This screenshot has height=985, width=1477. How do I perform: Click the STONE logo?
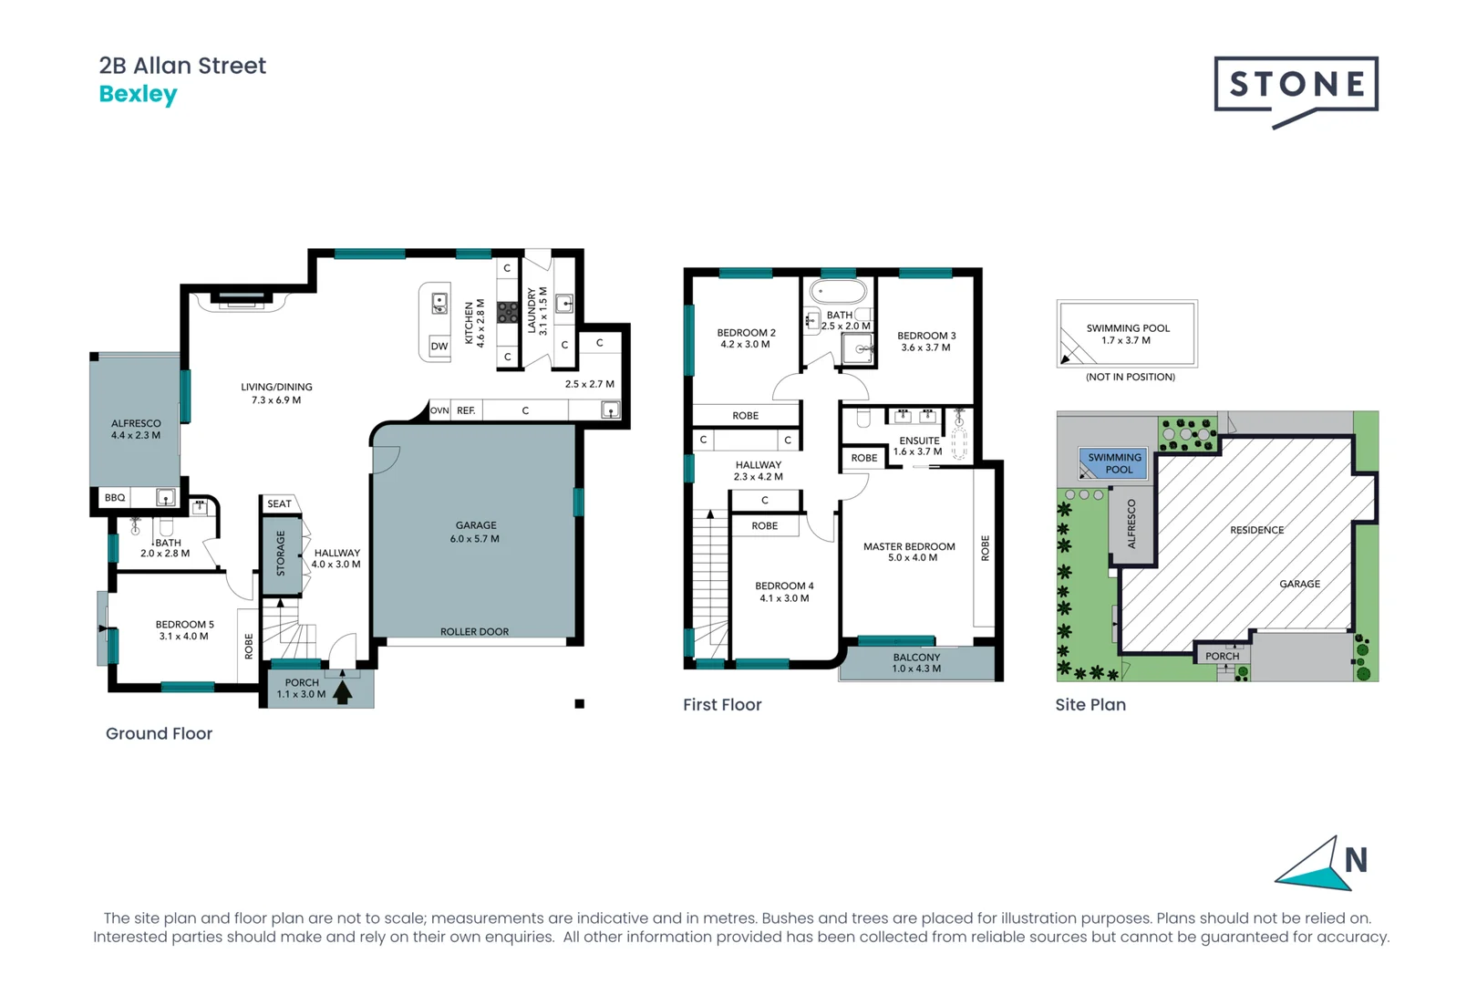(x=1296, y=86)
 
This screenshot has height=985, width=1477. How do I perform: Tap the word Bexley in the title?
(x=138, y=94)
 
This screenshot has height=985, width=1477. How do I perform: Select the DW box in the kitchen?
(x=439, y=347)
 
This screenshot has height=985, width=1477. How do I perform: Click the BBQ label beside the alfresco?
(x=115, y=498)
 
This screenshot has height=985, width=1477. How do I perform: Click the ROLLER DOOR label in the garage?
(x=474, y=631)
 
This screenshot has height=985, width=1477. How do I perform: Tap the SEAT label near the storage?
(x=279, y=503)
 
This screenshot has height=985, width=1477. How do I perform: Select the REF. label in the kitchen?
(x=466, y=410)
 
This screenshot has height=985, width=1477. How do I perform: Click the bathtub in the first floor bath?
(x=839, y=293)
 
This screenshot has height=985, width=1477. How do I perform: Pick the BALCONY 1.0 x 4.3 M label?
(x=916, y=663)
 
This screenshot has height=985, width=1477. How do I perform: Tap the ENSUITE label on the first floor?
(x=919, y=441)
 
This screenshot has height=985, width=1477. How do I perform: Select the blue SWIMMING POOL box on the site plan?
(x=1113, y=463)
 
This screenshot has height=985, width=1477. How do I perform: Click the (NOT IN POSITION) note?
(x=1130, y=377)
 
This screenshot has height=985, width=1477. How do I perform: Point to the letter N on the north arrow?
(x=1356, y=860)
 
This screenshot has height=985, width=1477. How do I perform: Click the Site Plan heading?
(x=1090, y=705)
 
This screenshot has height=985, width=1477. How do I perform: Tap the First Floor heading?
(x=722, y=705)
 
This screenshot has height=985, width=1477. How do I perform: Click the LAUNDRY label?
(x=532, y=310)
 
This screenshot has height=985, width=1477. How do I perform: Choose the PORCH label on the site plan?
(x=1222, y=656)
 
